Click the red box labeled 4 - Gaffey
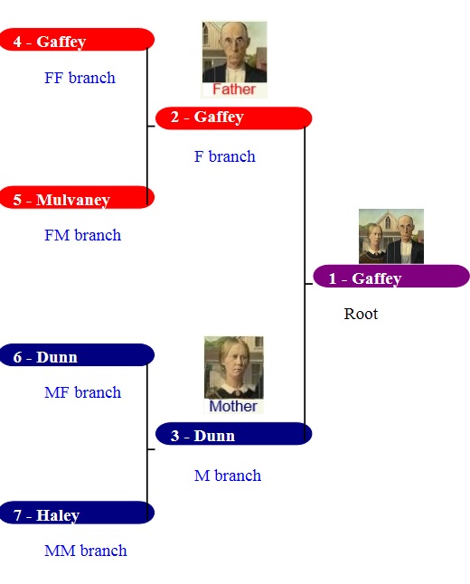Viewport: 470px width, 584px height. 77,40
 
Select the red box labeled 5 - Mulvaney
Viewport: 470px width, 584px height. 77,197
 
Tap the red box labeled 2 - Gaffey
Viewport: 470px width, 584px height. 233,118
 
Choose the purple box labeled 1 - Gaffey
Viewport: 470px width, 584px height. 391,276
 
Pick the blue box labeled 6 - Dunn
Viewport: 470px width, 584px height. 77,355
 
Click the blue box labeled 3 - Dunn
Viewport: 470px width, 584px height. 233,434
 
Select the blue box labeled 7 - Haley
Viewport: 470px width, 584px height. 77,513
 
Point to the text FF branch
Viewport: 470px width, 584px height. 80,78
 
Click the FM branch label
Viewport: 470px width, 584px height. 82,235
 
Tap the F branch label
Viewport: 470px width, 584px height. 225,156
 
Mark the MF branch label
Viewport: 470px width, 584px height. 82,392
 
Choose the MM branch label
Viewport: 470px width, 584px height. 86,551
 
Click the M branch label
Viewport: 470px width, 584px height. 228,476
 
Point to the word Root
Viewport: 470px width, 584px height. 361,314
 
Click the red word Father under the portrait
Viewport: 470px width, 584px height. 234,89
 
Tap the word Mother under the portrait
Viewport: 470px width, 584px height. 233,406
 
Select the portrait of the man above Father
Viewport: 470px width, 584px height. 234,52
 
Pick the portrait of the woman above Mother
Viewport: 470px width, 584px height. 233,368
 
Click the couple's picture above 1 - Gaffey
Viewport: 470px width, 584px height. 391,237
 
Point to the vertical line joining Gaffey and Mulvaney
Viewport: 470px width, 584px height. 147,127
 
